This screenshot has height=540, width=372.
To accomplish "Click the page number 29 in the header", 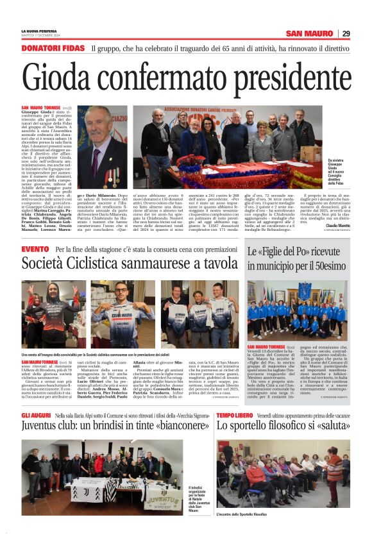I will point(346,33).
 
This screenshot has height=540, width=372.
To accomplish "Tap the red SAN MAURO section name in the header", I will point(310,33).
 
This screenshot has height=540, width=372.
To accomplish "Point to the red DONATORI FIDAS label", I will point(53,49).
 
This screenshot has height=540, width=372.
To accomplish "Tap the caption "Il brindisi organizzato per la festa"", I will point(195,497).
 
